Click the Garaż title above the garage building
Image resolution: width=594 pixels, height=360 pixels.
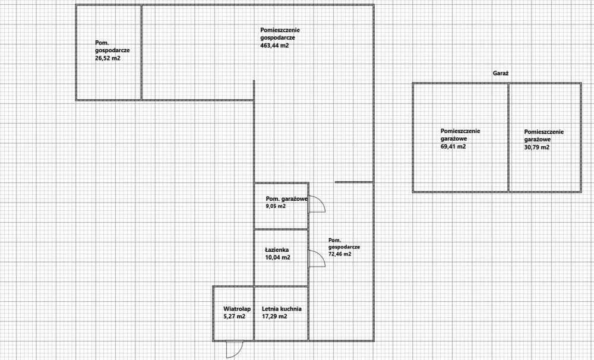tap(500, 74)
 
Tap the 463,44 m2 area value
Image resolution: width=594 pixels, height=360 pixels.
tap(274, 46)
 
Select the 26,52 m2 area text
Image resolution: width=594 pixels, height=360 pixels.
tap(108, 58)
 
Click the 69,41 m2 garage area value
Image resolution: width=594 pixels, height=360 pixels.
tap(453, 147)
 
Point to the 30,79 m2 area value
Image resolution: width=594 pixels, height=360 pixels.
tap(537, 147)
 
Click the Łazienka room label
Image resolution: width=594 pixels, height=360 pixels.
tap(277, 250)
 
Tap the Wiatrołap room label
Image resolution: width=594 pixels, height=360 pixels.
tap(237, 309)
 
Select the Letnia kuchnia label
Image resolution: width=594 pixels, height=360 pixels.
tap(282, 309)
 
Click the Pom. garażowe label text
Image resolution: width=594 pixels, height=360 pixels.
tap(287, 198)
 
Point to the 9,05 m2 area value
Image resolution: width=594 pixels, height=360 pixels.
tap(276, 206)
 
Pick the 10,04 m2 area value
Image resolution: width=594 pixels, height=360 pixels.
tap(277, 257)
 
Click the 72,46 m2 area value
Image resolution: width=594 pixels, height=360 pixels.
tap(340, 254)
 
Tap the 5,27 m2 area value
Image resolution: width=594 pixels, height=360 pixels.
tap(235, 317)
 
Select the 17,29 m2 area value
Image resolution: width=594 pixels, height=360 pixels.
tap(274, 317)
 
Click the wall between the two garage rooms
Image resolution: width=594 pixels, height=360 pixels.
tap(508, 138)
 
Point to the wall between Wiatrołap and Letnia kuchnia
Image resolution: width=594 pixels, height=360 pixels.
tap(254, 314)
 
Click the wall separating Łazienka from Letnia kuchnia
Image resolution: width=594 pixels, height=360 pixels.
tap(281, 286)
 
